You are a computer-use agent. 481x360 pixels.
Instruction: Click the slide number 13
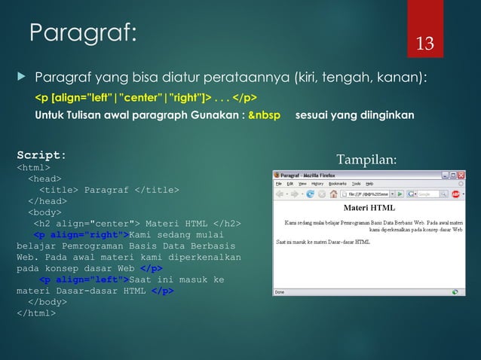click(x=426, y=43)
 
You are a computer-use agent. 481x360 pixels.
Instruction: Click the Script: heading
click(x=41, y=154)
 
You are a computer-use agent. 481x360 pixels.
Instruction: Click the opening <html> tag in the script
click(x=33, y=168)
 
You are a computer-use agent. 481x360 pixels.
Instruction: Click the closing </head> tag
click(x=47, y=202)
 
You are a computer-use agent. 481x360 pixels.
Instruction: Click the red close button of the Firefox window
click(x=461, y=175)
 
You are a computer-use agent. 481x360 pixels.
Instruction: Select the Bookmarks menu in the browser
click(x=338, y=183)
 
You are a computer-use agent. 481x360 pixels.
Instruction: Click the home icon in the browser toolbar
click(x=332, y=194)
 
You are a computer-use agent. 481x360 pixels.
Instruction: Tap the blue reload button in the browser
click(x=311, y=194)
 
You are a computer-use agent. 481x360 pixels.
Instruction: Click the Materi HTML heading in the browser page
click(x=369, y=208)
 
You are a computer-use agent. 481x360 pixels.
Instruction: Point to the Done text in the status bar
click(x=280, y=291)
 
